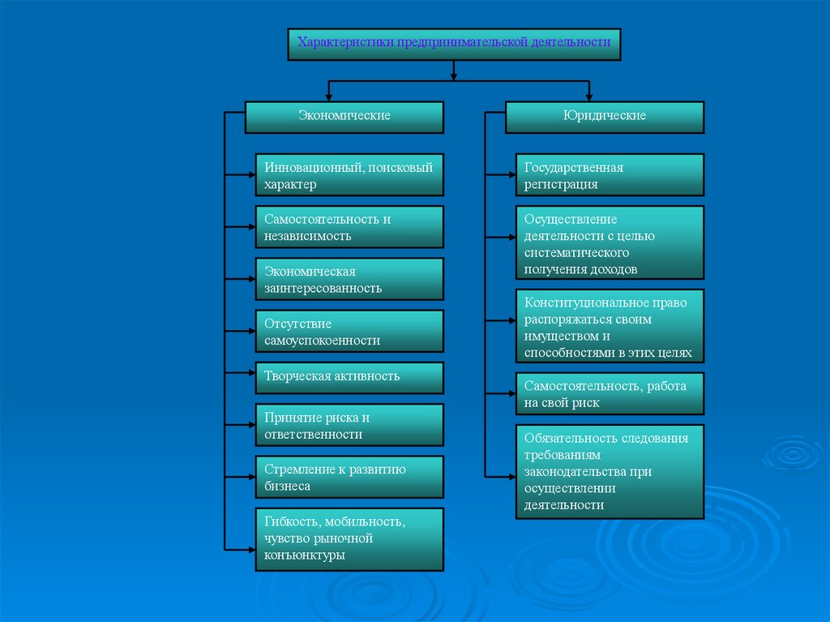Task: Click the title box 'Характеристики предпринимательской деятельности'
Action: pyautogui.click(x=454, y=45)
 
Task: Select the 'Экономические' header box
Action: pyautogui.click(x=344, y=117)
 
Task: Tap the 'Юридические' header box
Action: pyautogui.click(x=605, y=117)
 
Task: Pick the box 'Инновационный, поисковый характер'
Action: pyautogui.click(x=349, y=174)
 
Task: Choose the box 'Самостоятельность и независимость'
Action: pyautogui.click(x=349, y=226)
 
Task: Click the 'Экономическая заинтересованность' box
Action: pyautogui.click(x=349, y=278)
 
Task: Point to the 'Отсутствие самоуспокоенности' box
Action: pyautogui.click(x=349, y=331)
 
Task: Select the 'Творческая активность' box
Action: pyautogui.click(x=349, y=377)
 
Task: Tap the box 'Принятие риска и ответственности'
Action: pyautogui.click(x=349, y=424)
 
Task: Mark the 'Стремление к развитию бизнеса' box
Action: pyautogui.click(x=349, y=476)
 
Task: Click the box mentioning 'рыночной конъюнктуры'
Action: pyautogui.click(x=349, y=538)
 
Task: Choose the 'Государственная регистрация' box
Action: pyautogui.click(x=610, y=174)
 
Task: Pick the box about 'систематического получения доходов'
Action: pyautogui.click(x=610, y=242)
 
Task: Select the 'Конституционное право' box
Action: pyautogui.click(x=610, y=325)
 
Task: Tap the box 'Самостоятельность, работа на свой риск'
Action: pyautogui.click(x=610, y=393)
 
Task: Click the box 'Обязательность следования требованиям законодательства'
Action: pyautogui.click(x=610, y=470)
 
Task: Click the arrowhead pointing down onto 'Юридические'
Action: pyautogui.click(x=589, y=97)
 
